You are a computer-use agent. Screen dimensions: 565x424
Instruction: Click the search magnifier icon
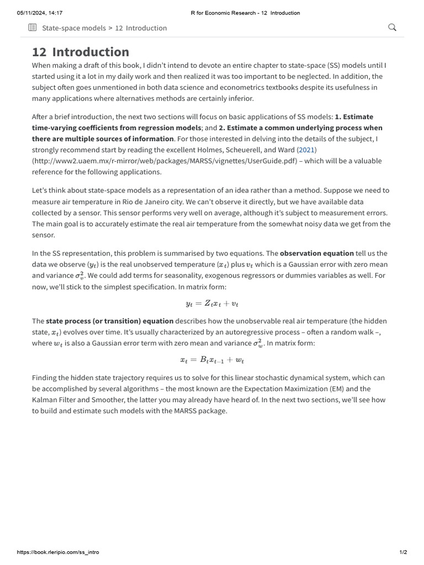[393, 28]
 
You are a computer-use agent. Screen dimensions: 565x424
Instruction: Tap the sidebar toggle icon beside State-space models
[33, 28]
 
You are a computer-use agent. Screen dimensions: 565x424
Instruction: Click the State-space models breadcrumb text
[73, 28]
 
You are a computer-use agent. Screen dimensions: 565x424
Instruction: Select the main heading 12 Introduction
[81, 52]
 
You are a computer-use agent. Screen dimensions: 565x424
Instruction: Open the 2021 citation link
[306, 150]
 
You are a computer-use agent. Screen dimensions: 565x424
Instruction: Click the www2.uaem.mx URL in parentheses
[161, 161]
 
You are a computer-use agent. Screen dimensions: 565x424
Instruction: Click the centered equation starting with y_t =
[212, 303]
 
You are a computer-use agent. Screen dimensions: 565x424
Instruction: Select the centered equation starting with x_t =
[212, 360]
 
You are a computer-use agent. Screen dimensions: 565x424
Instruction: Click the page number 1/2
[403, 552]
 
